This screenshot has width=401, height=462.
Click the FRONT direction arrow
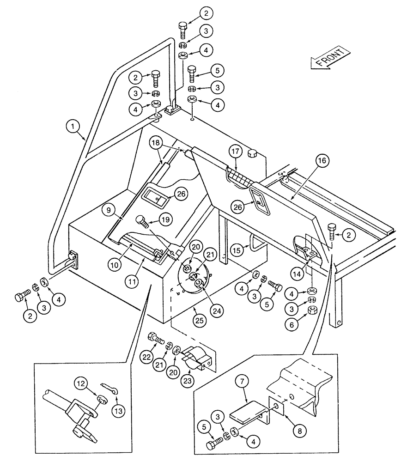(329, 58)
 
